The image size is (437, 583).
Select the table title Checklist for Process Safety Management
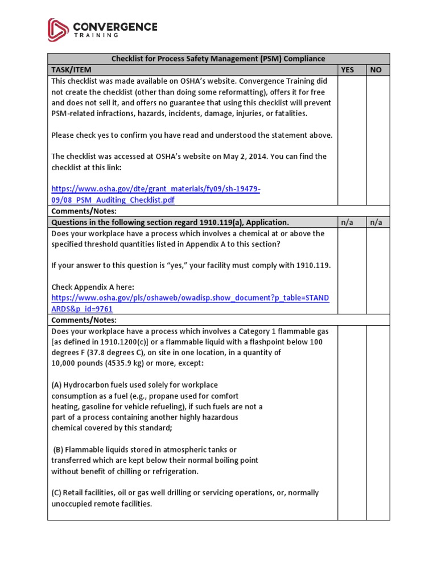(218, 59)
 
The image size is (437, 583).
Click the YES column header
(347, 70)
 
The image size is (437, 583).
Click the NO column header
(376, 70)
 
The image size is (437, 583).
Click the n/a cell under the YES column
(347, 222)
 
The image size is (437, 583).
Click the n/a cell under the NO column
(376, 222)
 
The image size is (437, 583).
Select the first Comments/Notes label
(84, 211)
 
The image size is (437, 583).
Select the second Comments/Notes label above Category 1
(84, 320)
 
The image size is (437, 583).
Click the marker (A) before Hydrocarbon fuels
(56, 385)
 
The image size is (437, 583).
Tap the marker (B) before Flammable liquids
(59, 450)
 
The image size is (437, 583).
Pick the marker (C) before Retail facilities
(56, 493)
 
